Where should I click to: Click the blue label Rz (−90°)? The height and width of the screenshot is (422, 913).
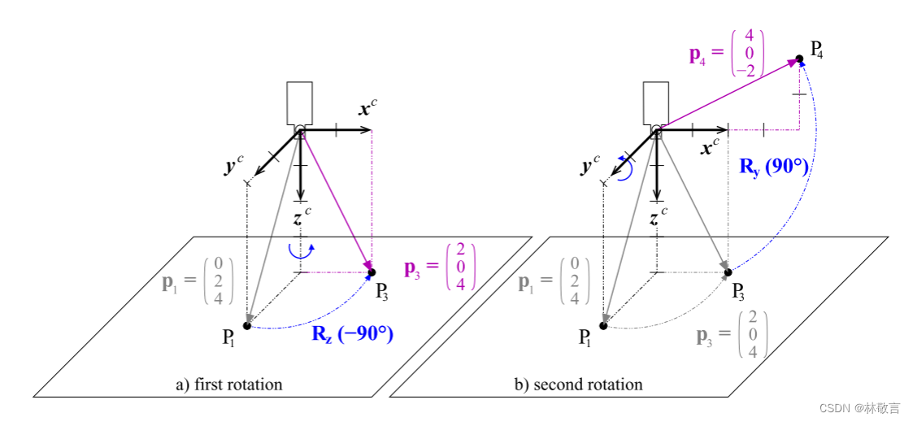click(352, 334)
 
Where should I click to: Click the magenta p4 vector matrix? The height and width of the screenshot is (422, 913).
click(726, 54)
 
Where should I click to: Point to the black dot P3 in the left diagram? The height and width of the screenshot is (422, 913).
click(372, 272)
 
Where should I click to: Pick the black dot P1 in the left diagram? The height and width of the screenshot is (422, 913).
click(247, 325)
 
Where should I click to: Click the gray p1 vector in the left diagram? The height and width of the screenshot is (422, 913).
click(198, 281)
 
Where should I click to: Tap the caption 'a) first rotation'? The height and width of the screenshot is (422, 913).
click(228, 384)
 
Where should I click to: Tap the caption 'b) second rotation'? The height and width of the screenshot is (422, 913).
click(578, 384)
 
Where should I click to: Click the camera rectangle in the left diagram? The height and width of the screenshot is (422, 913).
click(300, 103)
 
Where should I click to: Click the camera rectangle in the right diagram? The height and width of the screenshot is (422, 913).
click(655, 103)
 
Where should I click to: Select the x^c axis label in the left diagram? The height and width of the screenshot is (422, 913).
click(367, 108)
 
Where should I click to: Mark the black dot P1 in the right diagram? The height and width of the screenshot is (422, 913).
click(602, 325)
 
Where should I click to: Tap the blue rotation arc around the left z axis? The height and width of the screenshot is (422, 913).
click(301, 251)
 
